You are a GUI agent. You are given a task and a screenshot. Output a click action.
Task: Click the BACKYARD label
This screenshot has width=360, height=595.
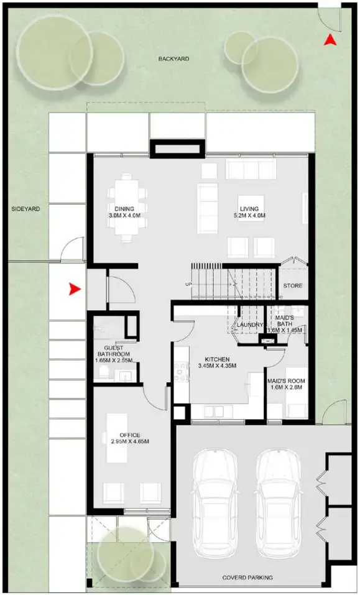click(173, 59)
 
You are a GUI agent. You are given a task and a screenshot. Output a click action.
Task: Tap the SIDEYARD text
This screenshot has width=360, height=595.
click(25, 210)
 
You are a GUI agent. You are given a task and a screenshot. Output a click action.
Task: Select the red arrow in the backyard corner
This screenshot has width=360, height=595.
click(331, 40)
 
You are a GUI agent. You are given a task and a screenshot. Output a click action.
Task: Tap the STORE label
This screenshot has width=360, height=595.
click(293, 286)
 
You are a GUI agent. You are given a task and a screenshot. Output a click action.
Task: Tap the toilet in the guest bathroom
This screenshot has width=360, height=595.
click(103, 373)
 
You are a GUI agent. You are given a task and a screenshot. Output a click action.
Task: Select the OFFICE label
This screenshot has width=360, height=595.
click(129, 435)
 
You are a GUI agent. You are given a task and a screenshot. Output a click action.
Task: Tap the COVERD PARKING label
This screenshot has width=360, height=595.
click(247, 578)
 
